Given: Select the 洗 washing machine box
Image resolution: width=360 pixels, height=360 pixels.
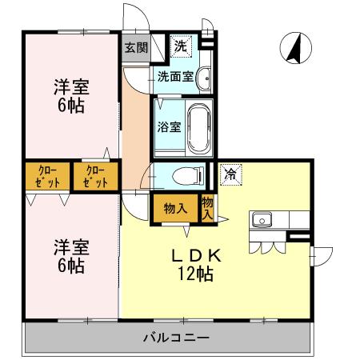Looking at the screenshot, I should pos(181,46).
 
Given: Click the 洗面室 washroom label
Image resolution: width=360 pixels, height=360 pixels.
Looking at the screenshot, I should pos(173,78).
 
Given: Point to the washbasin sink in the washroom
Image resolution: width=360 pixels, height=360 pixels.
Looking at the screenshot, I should pos(204,78).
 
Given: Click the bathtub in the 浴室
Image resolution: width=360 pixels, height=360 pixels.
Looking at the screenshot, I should pos(198,126).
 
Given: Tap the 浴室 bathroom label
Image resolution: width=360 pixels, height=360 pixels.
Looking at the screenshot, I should pos(169,126).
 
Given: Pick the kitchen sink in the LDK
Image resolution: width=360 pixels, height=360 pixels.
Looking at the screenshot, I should pos(262,219).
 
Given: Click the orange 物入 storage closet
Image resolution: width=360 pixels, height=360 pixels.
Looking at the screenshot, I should pos(175,209).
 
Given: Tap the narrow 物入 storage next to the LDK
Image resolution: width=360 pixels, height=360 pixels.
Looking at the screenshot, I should pos(207,208).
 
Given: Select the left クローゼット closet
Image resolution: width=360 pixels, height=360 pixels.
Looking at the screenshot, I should pos(46,176).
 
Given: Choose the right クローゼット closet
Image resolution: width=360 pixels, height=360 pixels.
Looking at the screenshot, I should pos(94,176).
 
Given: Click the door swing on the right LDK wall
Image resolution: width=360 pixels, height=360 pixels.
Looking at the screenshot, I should pos(322,254).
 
